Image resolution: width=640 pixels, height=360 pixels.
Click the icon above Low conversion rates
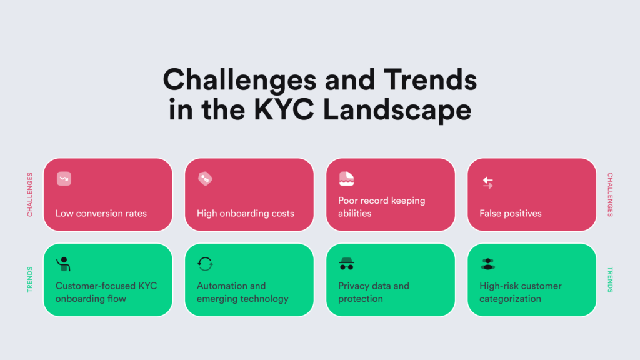(x=63, y=179)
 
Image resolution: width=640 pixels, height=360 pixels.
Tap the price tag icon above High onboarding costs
(x=205, y=179)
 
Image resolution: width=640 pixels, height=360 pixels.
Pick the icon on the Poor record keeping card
(x=346, y=179)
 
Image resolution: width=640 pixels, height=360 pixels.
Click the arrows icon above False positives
(x=488, y=182)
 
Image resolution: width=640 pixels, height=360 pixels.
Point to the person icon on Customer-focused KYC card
(x=63, y=264)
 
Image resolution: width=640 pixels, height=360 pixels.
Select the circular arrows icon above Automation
(x=205, y=264)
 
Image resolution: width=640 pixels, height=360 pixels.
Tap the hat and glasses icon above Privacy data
(x=346, y=264)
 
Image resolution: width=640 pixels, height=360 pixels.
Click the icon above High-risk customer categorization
(x=488, y=264)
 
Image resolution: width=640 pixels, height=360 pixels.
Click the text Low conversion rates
(x=101, y=214)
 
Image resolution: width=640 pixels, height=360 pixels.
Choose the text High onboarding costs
(x=246, y=214)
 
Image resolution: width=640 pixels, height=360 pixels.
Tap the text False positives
(x=511, y=214)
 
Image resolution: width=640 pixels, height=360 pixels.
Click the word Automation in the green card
(x=221, y=286)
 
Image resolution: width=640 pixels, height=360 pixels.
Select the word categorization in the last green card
(x=511, y=299)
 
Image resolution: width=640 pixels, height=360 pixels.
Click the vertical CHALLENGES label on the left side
(x=30, y=194)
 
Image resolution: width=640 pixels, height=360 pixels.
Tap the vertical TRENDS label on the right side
(x=610, y=279)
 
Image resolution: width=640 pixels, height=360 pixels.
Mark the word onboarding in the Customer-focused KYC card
(x=81, y=299)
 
